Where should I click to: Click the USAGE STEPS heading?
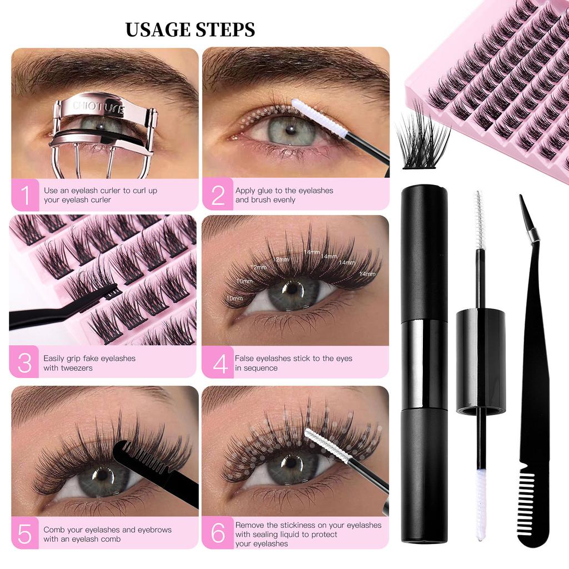tap(190, 29)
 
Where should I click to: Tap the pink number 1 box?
tap(26, 195)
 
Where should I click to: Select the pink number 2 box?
tap(217, 195)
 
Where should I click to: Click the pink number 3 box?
tap(24, 362)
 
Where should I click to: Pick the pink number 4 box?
tap(217, 363)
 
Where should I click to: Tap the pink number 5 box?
tap(26, 533)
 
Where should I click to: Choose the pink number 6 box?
tap(217, 533)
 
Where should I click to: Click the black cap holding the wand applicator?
tap(480, 361)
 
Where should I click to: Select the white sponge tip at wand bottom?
tap(481, 503)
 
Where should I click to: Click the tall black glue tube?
tap(424, 361)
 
